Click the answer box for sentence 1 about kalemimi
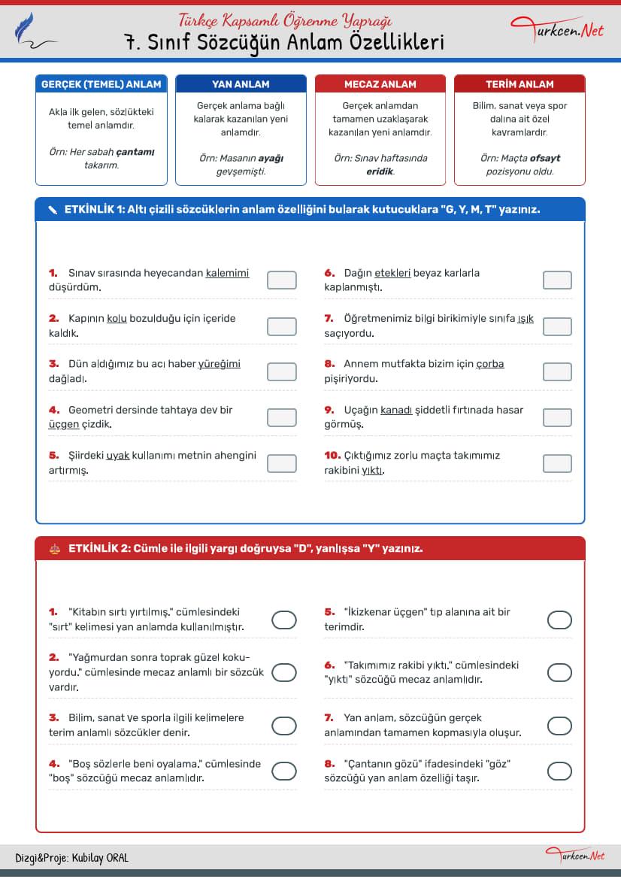(281, 280)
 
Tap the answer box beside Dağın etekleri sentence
(557, 280)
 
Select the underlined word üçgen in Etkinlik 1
(64, 424)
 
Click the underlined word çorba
(490, 364)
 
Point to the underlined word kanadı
(396, 410)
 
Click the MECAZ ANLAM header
(380, 84)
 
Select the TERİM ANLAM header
(520, 84)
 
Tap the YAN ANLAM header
(241, 84)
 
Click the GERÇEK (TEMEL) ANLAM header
(101, 84)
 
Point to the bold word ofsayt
(544, 158)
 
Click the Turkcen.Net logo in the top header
(557, 30)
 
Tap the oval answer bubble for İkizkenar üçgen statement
(559, 620)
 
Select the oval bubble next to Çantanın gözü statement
(559, 771)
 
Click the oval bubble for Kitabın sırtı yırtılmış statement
(283, 620)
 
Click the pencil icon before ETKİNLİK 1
(52, 210)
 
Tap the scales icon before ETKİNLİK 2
(53, 549)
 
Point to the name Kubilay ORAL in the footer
(101, 858)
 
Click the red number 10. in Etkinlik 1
(332, 456)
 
